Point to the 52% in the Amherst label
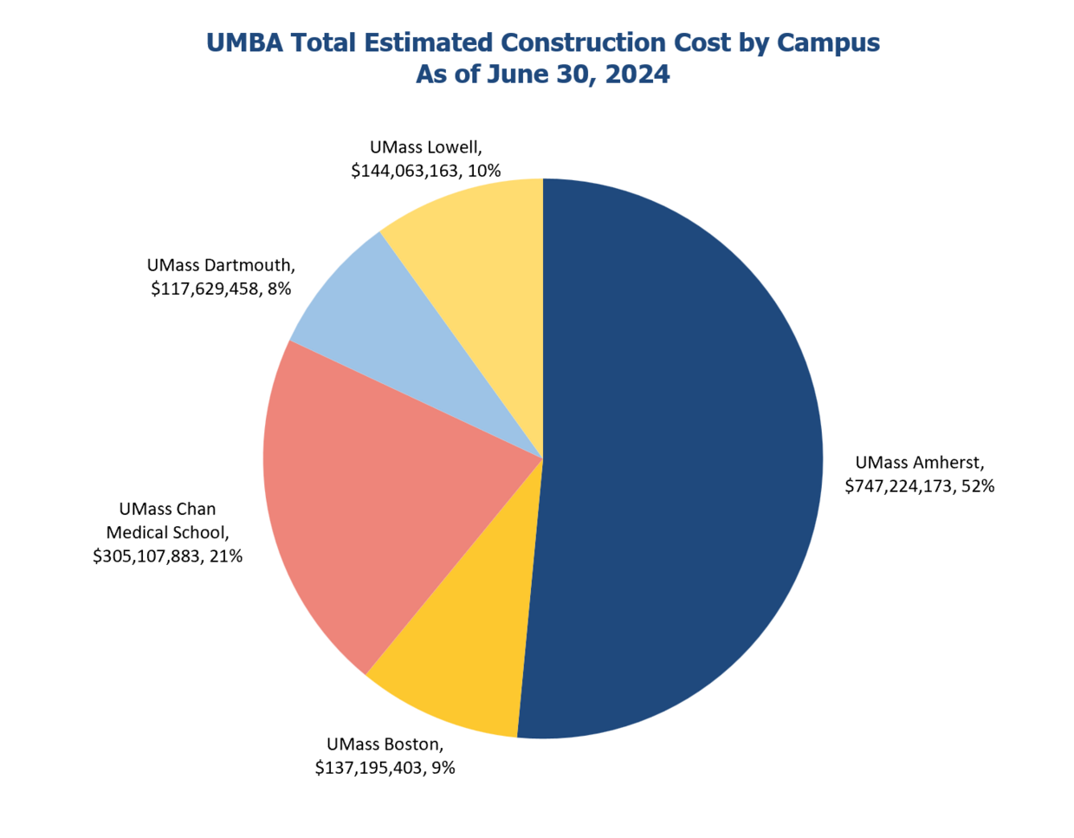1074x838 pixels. click(978, 486)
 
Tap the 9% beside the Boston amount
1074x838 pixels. click(443, 768)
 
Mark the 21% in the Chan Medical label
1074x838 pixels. click(226, 556)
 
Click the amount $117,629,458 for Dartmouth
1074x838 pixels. click(205, 289)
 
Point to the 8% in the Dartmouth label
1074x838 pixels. click(279, 289)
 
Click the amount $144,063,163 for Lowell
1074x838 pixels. click(405, 171)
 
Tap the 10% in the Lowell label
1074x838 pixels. click(484, 171)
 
